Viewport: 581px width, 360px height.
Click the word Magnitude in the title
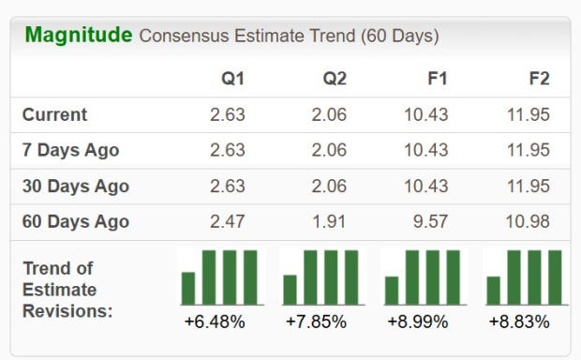coord(78,36)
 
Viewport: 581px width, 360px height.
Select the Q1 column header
coord(232,79)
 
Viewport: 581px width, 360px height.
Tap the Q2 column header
coord(335,79)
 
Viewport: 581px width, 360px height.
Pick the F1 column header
coord(437,79)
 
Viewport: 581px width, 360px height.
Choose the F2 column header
coord(539,79)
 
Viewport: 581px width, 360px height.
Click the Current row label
coord(54,115)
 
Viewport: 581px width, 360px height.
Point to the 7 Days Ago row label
coord(70,150)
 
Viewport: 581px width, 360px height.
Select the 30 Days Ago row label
coord(76,186)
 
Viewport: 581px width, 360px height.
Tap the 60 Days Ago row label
coord(76,222)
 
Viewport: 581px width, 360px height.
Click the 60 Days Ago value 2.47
coord(228,222)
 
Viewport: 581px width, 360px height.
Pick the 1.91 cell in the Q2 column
coord(329,222)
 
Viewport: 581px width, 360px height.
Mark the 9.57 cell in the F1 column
coord(432,222)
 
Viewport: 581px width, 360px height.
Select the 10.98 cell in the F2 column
coord(529,222)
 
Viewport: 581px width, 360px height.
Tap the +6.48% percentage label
coord(215,322)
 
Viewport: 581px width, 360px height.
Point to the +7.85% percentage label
coord(316,322)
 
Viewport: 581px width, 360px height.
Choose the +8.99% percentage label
coord(418,322)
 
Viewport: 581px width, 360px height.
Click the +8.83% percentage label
coord(519,322)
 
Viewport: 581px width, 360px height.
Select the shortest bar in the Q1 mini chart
coord(188,288)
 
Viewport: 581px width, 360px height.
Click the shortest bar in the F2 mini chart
coord(493,291)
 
